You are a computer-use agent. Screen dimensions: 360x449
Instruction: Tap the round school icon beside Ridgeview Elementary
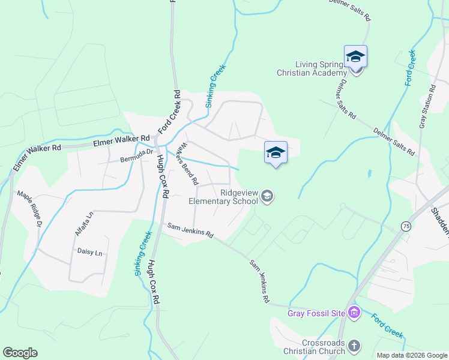click(x=268, y=196)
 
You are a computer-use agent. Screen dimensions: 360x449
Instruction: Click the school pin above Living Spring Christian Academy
click(x=355, y=58)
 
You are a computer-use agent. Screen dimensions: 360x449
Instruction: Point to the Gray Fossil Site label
click(x=316, y=313)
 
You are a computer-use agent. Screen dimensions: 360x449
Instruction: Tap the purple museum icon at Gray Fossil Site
click(x=354, y=313)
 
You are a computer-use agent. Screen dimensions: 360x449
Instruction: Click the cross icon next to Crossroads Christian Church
click(x=354, y=346)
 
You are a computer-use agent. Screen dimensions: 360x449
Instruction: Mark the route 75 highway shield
click(x=406, y=226)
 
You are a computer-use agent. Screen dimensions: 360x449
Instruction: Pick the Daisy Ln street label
click(x=89, y=253)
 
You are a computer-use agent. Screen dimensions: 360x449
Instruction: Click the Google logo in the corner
click(x=20, y=353)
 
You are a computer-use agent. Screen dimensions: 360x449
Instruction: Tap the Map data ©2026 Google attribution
click(x=411, y=355)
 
